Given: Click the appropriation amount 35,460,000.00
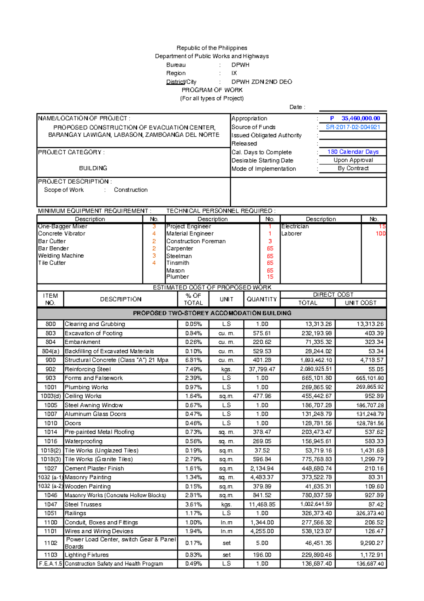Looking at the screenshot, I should tap(360, 119).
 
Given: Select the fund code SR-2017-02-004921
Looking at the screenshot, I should tap(353, 127).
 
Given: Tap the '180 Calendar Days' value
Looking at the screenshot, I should tap(353, 152).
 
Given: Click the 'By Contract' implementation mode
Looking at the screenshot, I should tap(353, 168).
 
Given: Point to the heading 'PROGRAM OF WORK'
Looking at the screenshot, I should tap(212, 90).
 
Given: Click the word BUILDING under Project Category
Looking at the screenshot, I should tap(93, 168).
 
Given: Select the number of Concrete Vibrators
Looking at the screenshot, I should tap(154, 234).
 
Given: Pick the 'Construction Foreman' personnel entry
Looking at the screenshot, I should tap(196, 241).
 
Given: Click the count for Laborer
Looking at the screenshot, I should tap(380, 234).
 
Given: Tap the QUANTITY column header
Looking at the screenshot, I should tap(261, 299).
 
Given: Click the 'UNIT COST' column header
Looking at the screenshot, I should tap(360, 303).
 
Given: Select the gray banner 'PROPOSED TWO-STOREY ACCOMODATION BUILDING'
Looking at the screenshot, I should tap(212, 313).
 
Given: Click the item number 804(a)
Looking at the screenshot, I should tap(51, 351).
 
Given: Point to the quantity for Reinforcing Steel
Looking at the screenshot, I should tap(262, 369).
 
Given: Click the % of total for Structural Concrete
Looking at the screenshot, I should tap(193, 360).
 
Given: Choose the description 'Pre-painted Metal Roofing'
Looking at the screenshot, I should tap(99, 432).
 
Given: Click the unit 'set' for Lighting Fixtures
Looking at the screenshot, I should tap(226, 555).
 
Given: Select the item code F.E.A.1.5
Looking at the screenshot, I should tap(51, 563).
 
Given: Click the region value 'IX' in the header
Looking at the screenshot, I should tap(234, 73).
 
